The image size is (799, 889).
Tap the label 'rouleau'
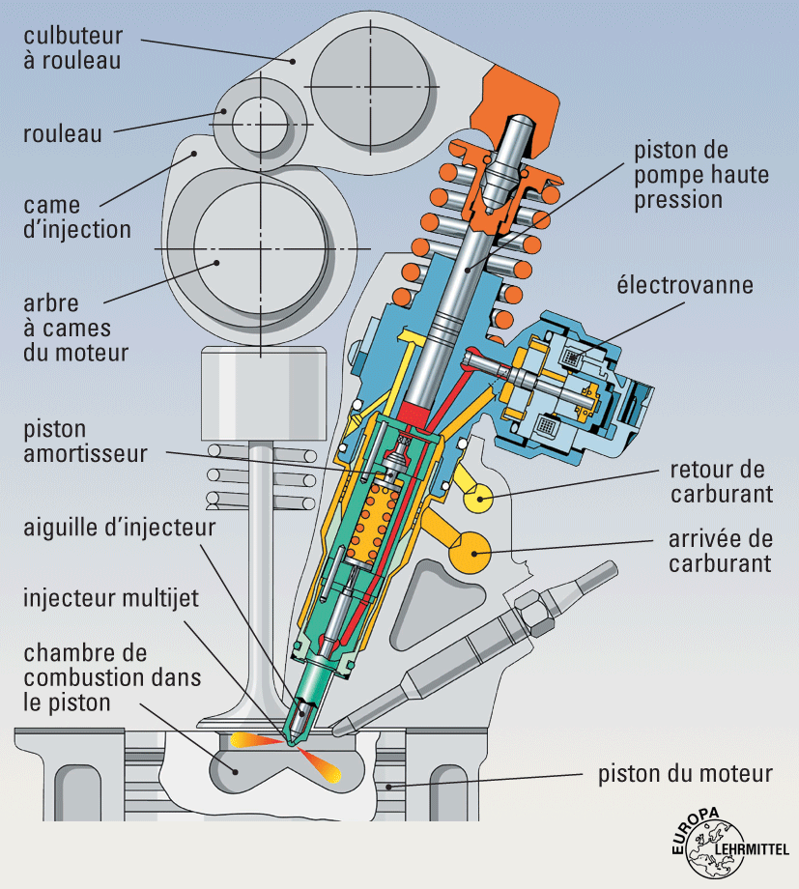62,134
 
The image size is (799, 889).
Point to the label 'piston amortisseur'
83,441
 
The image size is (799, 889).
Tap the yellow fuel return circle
481,498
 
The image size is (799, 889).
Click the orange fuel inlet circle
474,552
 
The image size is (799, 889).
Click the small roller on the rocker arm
256,125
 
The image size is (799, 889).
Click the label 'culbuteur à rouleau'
72,47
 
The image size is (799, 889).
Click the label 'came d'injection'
78,217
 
